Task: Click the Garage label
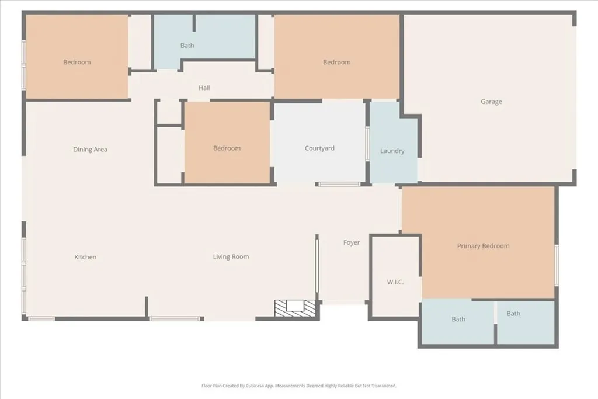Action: tap(491, 102)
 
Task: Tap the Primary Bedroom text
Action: tap(483, 246)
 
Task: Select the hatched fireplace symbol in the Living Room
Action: tap(295, 308)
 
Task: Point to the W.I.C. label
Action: tap(395, 282)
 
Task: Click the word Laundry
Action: tap(392, 151)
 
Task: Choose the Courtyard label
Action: tap(319, 148)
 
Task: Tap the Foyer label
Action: tap(351, 242)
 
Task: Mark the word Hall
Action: tap(204, 88)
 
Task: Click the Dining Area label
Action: tap(90, 150)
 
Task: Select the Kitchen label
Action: tap(85, 257)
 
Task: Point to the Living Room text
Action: tap(231, 256)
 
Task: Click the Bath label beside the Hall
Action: tap(187, 46)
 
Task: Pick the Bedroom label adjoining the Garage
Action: tap(336, 63)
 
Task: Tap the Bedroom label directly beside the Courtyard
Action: tap(227, 148)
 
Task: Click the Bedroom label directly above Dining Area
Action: tap(77, 63)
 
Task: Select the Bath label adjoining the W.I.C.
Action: tap(458, 319)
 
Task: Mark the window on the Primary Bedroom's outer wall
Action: tap(557, 265)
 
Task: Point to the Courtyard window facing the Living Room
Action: tap(339, 185)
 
